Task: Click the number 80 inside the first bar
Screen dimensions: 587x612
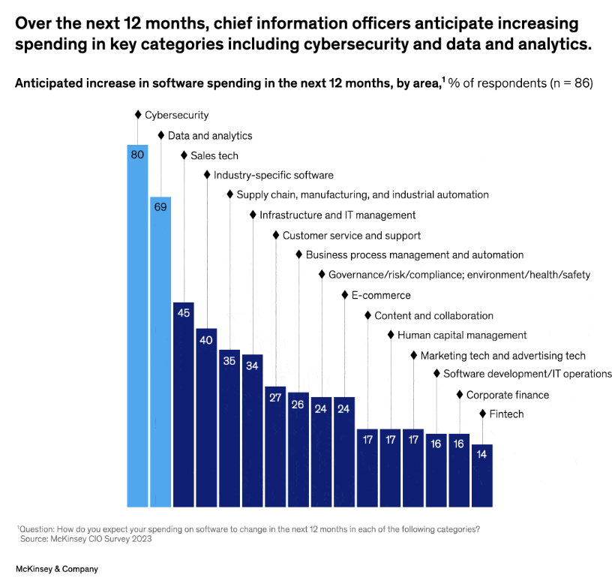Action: coord(137,155)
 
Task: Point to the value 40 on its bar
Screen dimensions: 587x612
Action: coord(206,339)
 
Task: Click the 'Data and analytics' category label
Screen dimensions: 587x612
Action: coord(210,136)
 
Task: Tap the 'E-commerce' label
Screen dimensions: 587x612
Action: coord(381,295)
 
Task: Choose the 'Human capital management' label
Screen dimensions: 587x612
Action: coord(462,335)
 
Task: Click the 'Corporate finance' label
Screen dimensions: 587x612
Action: coord(508,394)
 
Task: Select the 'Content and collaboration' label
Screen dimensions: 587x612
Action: coord(433,315)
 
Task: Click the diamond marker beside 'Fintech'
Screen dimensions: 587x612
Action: coord(482,414)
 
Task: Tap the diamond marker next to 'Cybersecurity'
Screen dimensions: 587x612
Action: coord(138,115)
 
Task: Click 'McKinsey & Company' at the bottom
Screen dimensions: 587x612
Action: coord(57,569)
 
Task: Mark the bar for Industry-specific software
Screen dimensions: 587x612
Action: coord(206,417)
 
